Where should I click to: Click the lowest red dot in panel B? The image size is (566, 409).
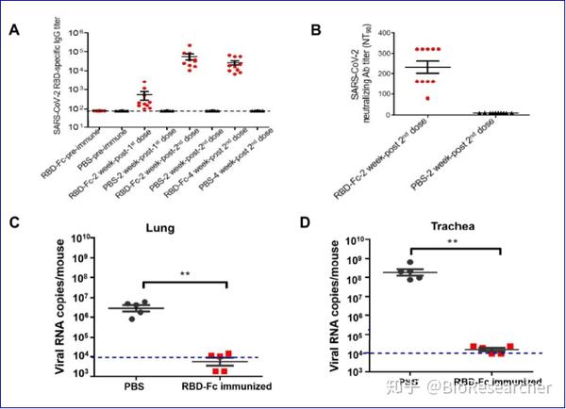pos(404,97)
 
